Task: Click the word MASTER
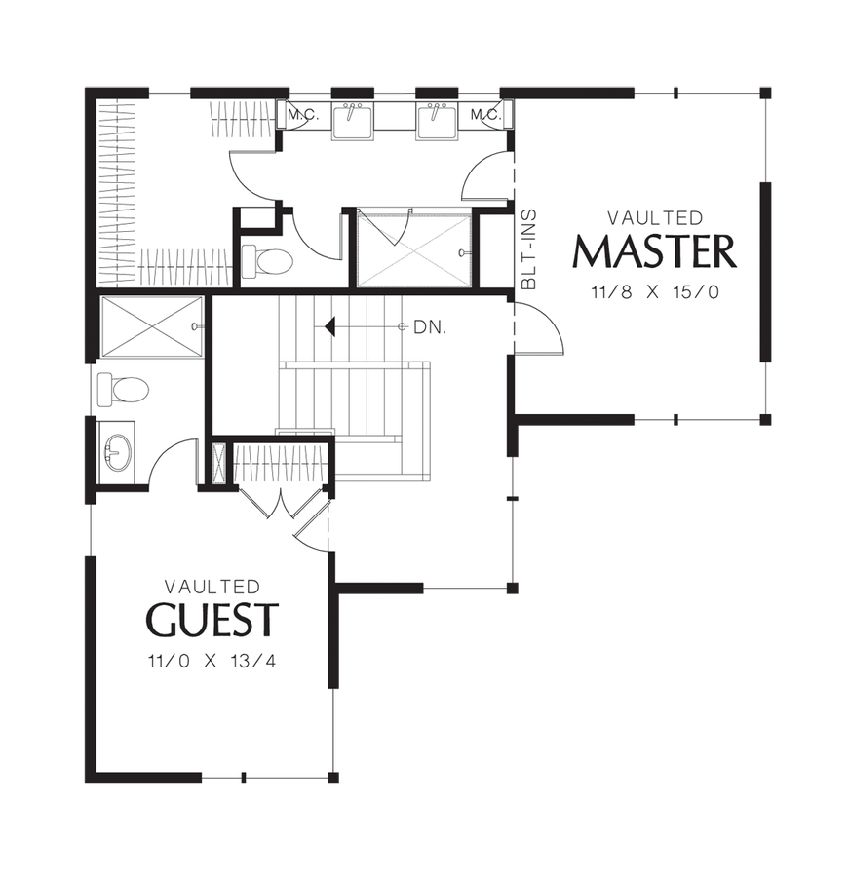pos(654,252)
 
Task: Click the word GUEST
pos(212,620)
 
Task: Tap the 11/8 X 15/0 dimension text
pos(655,292)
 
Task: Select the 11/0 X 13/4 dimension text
pos(212,661)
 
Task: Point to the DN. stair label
pos(430,327)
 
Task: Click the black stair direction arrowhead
pos(330,326)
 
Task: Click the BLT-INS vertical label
pos(529,249)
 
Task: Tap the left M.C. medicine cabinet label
pos(303,115)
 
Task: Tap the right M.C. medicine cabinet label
pos(485,115)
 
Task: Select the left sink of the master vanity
pos(353,120)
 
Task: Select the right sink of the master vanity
pos(437,120)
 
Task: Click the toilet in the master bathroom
pos(266,260)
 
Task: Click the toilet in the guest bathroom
pos(123,389)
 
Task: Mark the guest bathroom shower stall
pos(151,326)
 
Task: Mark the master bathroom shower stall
pos(414,248)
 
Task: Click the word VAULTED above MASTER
pos(655,217)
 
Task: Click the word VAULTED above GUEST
pos(212,587)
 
